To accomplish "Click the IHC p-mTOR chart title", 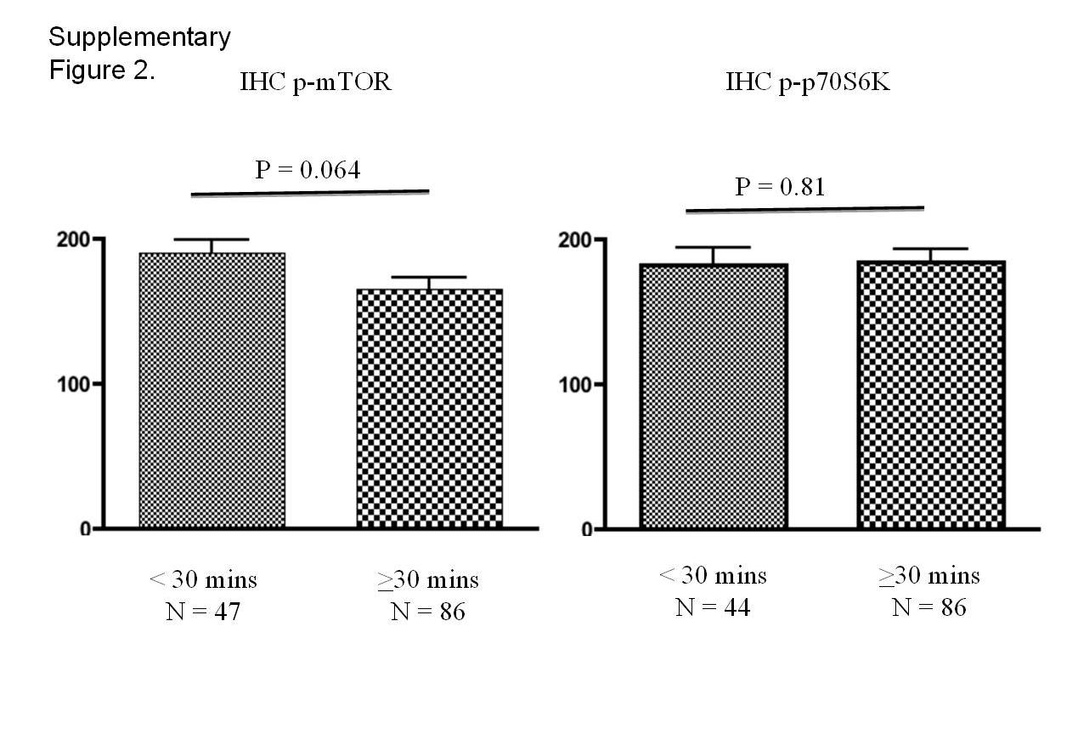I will (x=316, y=83).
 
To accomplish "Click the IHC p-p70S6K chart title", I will (x=808, y=82).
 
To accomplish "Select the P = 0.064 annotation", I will (x=308, y=170).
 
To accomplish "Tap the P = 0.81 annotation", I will (x=780, y=186).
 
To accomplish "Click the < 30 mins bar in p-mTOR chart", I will (x=212, y=390).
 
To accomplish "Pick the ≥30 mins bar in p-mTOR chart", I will (x=429, y=408).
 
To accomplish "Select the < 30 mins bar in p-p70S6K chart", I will (x=714, y=396).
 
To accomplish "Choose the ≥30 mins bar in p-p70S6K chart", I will (x=932, y=394).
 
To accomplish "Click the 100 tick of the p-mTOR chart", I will (x=73, y=384).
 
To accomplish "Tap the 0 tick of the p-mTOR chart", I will (x=85, y=529).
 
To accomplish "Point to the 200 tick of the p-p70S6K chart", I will (x=574, y=240).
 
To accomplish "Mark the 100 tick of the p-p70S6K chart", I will (x=574, y=385).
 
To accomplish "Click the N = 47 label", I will (x=203, y=612).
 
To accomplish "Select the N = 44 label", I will (x=713, y=607).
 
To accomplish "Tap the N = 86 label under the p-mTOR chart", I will (x=428, y=611).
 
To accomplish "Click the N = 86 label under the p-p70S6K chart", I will (x=929, y=607).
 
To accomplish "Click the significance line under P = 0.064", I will (x=309, y=193).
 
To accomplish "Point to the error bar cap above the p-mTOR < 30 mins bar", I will (x=212, y=240).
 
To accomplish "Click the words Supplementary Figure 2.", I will (x=139, y=53).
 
